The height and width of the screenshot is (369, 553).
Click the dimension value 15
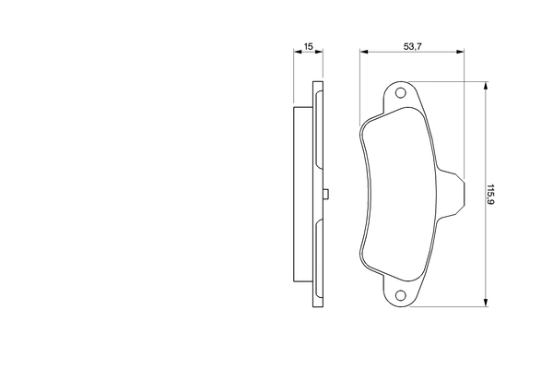click(310, 45)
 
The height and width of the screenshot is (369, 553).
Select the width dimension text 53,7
click(413, 45)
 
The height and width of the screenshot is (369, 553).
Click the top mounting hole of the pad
click(400, 93)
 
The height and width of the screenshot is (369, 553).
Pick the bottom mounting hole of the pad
click(400, 295)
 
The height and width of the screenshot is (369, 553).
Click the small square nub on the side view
click(327, 194)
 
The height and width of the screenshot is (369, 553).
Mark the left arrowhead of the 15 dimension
click(297, 54)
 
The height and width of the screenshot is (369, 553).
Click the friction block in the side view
click(301, 194)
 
